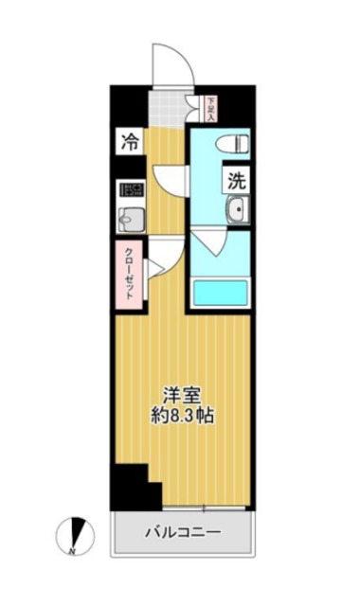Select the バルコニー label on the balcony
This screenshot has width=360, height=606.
183,532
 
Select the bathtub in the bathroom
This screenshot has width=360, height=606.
219,293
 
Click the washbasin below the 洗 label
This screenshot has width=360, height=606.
234,210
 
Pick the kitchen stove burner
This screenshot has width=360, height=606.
129,190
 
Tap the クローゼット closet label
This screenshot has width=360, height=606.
129,275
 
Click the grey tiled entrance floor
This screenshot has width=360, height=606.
171,109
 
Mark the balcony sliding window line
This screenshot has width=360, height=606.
185,509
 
